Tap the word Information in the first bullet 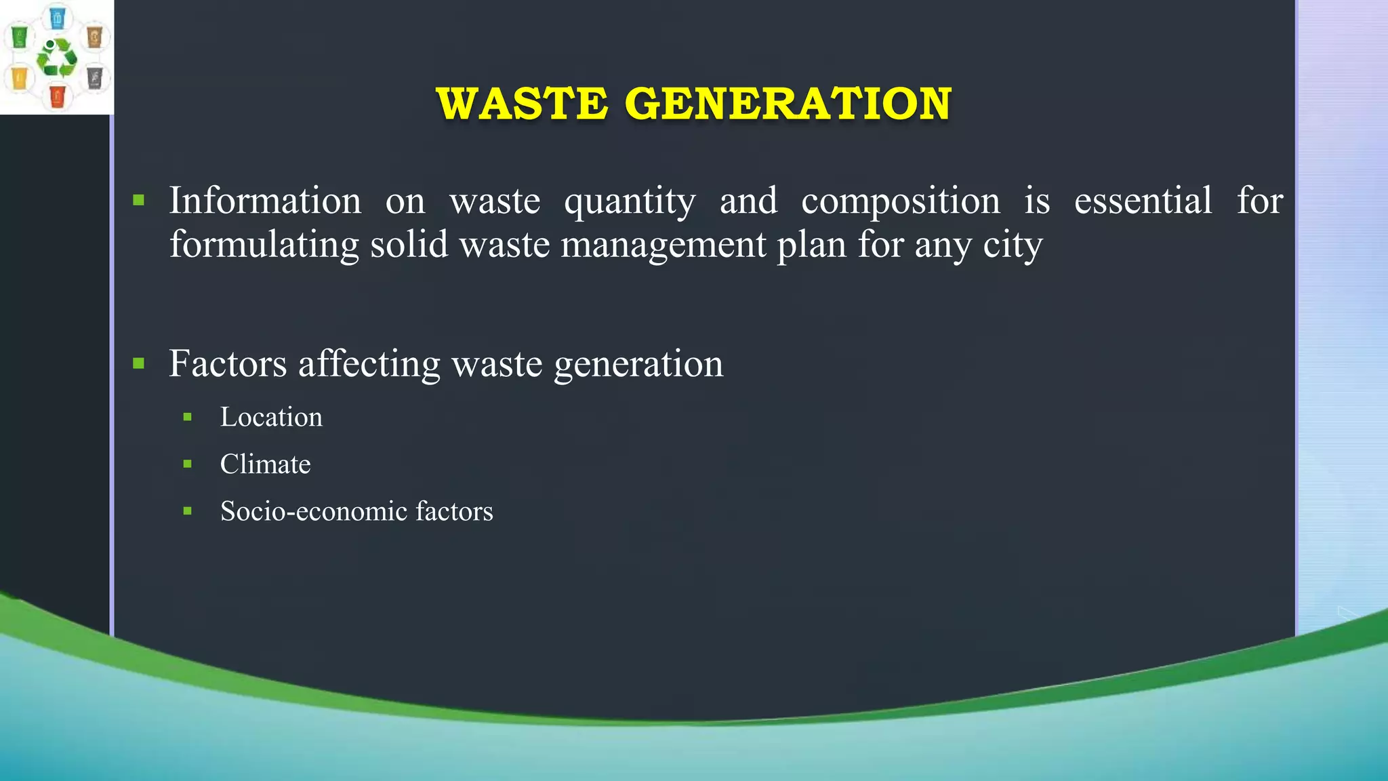pos(265,201)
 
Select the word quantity pos(630,202)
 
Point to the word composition pos(900,202)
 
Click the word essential pos(1143,201)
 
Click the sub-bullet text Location pos(271,417)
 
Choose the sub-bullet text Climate pos(265,464)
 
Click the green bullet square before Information pos(139,200)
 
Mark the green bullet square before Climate pos(188,464)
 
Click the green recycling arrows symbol pos(57,58)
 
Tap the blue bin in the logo pos(58,17)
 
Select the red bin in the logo pos(57,96)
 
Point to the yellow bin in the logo pos(20,77)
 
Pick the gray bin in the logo pos(95,77)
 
